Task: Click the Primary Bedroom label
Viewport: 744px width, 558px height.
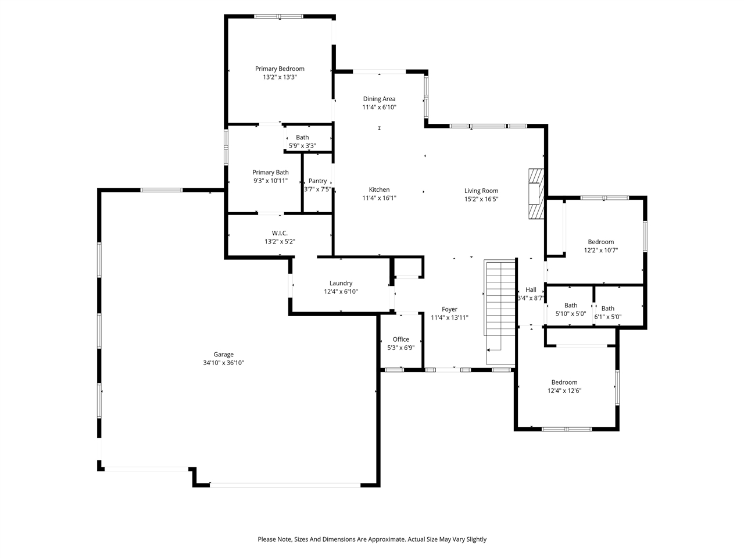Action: click(280, 69)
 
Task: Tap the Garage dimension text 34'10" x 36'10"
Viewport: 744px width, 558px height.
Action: click(223, 363)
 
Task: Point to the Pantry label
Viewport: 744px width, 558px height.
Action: click(317, 181)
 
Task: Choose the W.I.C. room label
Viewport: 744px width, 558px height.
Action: click(280, 233)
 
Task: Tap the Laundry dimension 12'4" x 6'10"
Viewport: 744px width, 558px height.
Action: click(341, 292)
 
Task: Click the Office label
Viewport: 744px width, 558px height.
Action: click(400, 339)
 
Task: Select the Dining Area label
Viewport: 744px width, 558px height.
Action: click(379, 99)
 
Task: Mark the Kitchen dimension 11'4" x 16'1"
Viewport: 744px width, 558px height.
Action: click(379, 198)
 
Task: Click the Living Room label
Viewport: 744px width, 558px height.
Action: click(481, 191)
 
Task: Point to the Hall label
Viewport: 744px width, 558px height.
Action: click(531, 289)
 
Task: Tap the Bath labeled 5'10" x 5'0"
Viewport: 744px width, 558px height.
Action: click(571, 305)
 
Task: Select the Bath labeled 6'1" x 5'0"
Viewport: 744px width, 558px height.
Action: click(608, 309)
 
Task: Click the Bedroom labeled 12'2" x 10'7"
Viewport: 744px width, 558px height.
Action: click(600, 242)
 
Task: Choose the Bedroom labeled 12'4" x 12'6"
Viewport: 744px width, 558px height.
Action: click(564, 382)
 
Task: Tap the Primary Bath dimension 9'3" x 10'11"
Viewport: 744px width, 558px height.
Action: click(270, 181)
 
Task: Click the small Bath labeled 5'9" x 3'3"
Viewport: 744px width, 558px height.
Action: click(302, 137)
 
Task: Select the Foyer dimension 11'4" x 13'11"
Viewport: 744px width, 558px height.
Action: click(449, 317)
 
